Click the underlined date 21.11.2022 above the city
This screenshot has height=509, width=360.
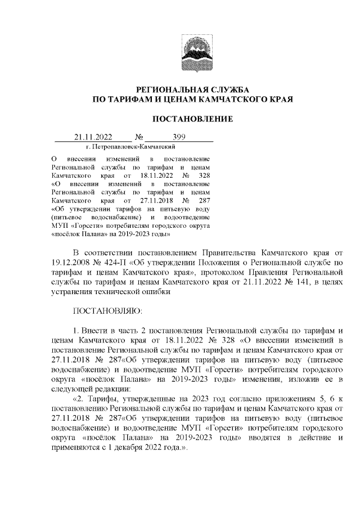[x=93, y=137]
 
